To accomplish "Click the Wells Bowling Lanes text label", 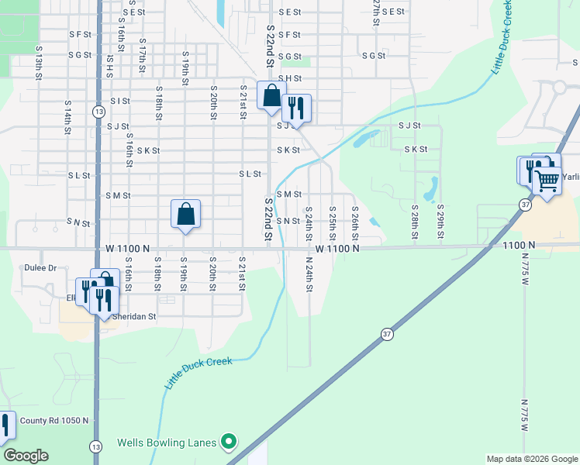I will [x=166, y=443].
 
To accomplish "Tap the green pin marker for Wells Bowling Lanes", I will [x=228, y=443].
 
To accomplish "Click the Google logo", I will [x=26, y=456].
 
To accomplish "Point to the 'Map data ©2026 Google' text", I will [x=531, y=459].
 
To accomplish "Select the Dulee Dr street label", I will [x=41, y=268].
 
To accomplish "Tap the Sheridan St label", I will [x=134, y=316].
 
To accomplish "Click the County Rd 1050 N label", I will [x=54, y=421].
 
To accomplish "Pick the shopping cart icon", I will [x=547, y=181].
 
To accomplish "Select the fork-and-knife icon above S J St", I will [x=296, y=108].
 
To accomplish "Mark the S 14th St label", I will [x=67, y=115].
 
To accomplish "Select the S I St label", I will [x=119, y=101].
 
